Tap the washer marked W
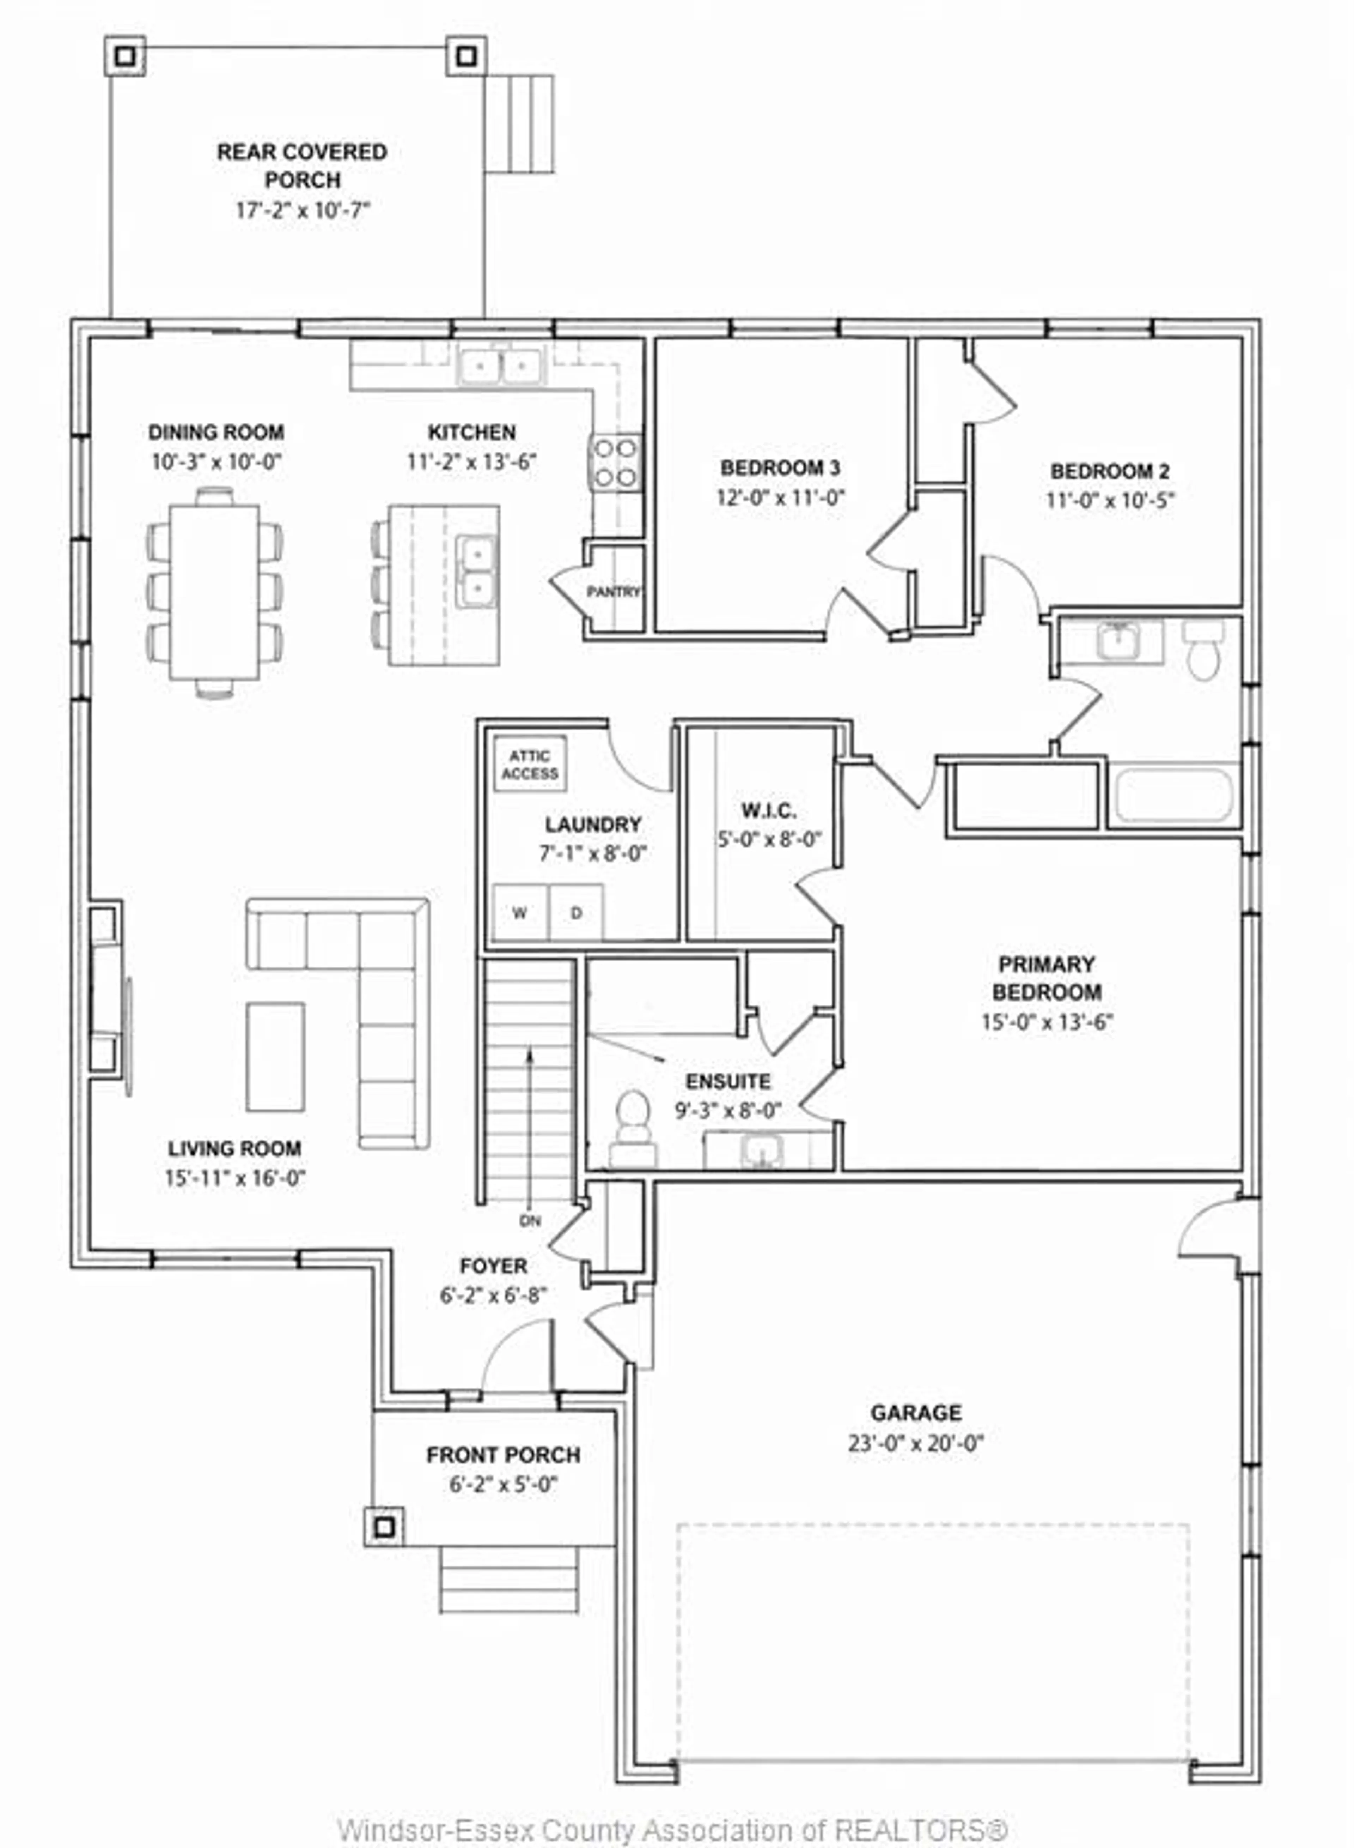pyautogui.click(x=519, y=912)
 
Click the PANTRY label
pyautogui.click(x=613, y=592)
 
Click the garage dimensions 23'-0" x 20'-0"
pyautogui.click(x=915, y=1443)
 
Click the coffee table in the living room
pyautogui.click(x=275, y=1057)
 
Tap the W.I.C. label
pyautogui.click(x=768, y=811)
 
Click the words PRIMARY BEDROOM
pyautogui.click(x=1047, y=978)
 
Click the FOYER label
pyautogui.click(x=493, y=1266)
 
